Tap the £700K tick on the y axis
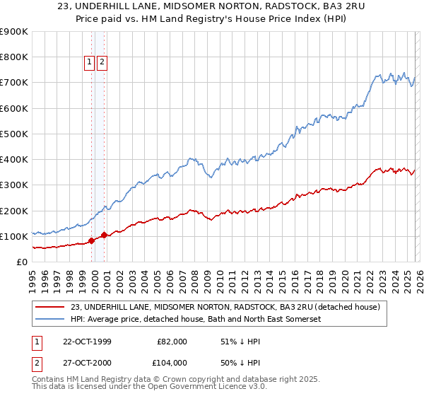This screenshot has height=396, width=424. click(14, 83)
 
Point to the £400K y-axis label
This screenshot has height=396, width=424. click(14, 160)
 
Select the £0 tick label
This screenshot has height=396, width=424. click(22, 262)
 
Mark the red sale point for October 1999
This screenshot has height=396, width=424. click(92, 240)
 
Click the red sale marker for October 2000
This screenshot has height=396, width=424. click(105, 235)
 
